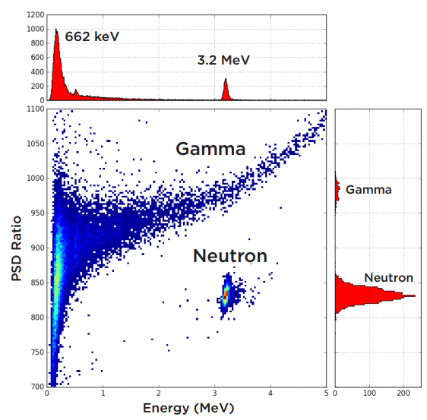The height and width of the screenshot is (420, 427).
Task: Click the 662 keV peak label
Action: (92, 36)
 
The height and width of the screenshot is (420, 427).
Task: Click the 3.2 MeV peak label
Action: (223, 59)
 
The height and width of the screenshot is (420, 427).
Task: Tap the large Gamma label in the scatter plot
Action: (210, 149)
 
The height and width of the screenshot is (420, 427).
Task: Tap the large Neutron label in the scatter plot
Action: (229, 256)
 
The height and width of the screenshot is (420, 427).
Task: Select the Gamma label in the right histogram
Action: (368, 190)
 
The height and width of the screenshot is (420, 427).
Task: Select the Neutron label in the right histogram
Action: (388, 278)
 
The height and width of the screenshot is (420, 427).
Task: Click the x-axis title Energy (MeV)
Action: (185, 409)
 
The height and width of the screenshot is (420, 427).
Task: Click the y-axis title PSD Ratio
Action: (16, 247)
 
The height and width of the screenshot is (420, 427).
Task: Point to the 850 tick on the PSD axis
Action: (36, 283)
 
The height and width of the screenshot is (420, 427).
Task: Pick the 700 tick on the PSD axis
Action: (36, 387)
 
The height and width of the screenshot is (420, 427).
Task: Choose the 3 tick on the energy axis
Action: (215, 393)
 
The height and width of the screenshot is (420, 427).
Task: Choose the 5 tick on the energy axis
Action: (326, 393)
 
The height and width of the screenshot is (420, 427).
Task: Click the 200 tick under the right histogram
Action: (403, 393)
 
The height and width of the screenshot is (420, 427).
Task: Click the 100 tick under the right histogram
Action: (369, 393)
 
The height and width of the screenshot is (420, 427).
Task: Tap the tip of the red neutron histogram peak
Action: (413, 295)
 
